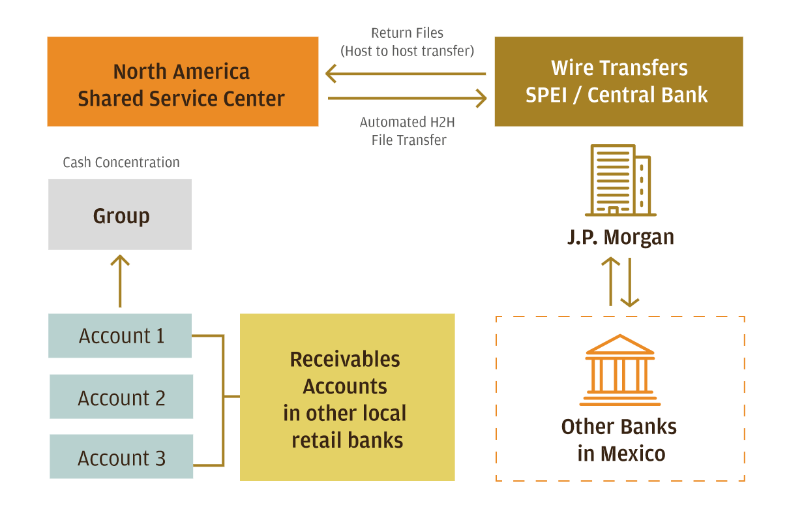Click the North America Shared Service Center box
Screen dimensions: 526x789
(183, 82)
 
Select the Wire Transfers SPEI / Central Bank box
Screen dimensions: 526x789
(618, 82)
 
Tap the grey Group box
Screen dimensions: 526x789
(120, 215)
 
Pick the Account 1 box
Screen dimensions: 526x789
(120, 335)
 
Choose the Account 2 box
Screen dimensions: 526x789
(121, 397)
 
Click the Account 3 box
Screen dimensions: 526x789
(121, 457)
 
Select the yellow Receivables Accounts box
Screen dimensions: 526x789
(347, 397)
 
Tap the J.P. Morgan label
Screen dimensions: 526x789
(620, 237)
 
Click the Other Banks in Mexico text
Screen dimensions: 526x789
(619, 439)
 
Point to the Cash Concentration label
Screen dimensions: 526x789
(121, 162)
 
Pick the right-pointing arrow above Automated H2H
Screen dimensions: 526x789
(408, 99)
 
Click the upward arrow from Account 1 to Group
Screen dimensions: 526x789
(120, 281)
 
